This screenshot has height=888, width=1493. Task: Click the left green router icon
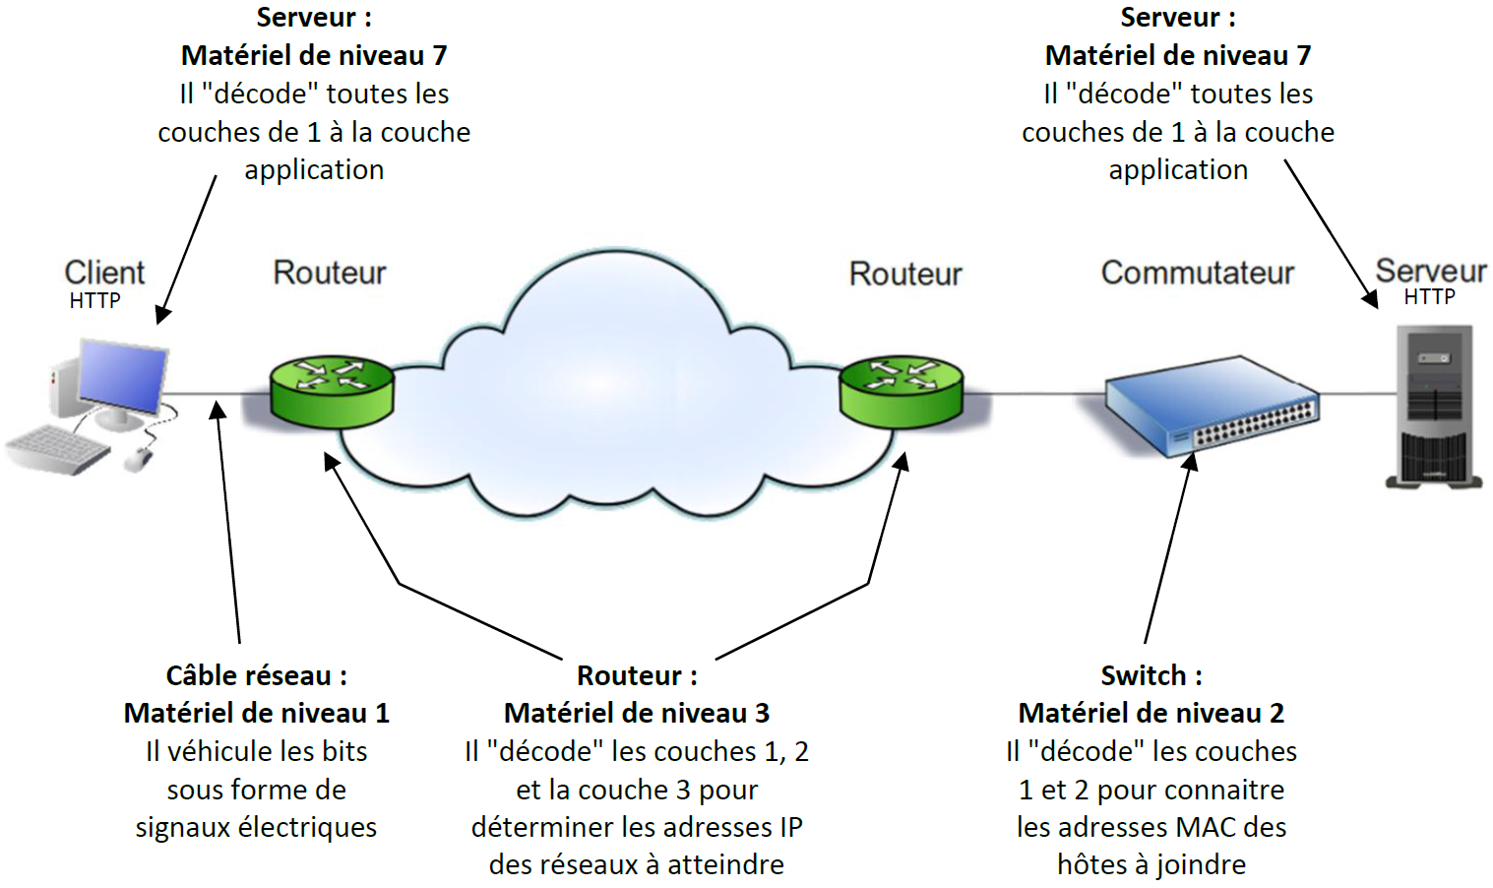coord(332,391)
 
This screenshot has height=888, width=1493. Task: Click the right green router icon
coord(901,391)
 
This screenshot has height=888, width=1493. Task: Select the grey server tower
coord(1434,406)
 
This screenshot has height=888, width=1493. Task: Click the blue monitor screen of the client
coord(123,375)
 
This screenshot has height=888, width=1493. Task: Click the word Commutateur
coord(1197,273)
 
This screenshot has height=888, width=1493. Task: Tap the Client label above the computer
coord(104,272)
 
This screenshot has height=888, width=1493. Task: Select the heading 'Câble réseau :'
coord(256,675)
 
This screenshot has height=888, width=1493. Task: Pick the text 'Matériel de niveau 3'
coord(637,713)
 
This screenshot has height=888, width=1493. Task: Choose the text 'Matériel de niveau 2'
coord(1151,713)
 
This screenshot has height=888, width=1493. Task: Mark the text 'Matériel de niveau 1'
coord(256,713)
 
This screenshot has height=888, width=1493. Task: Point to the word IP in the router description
coord(791,827)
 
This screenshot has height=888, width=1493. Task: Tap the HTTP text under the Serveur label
coord(1429,297)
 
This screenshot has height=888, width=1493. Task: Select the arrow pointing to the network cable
coord(228,522)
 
